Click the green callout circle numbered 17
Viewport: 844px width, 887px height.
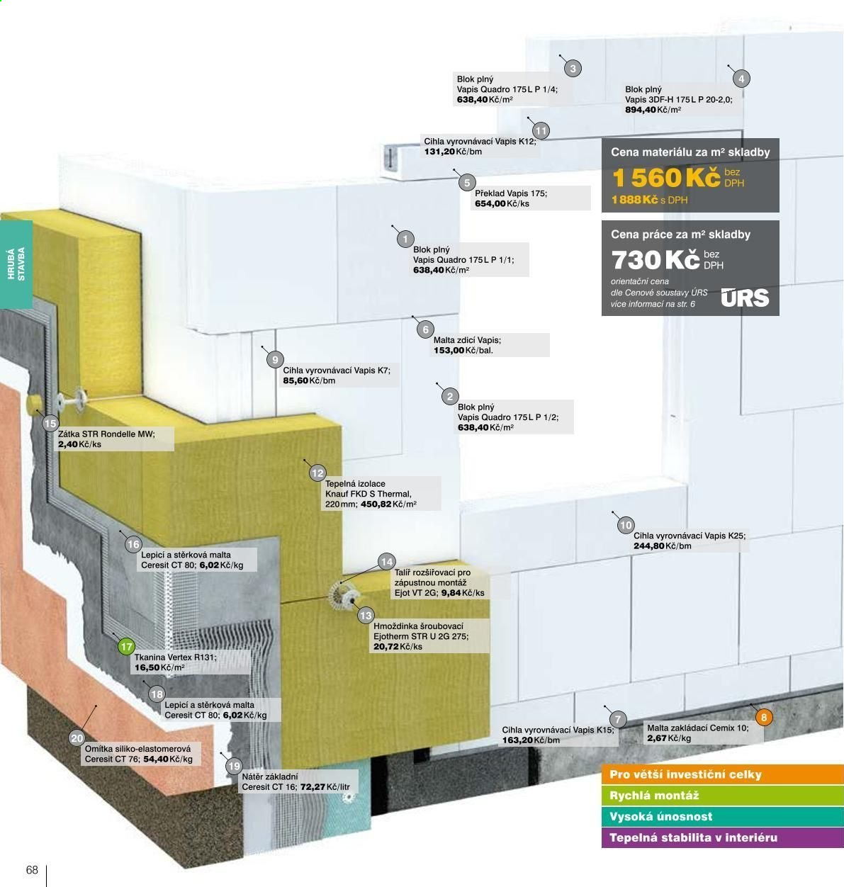(x=127, y=647)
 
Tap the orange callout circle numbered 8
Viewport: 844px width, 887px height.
(x=764, y=717)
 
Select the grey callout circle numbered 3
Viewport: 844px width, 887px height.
(x=573, y=69)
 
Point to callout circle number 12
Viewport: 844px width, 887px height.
(x=317, y=473)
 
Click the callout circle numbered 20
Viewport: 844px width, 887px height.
(x=77, y=738)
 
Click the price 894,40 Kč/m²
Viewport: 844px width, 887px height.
(x=653, y=110)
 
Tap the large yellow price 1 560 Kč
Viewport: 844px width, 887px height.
(x=666, y=177)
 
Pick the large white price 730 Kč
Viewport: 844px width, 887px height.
(x=655, y=260)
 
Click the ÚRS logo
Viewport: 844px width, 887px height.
(x=745, y=298)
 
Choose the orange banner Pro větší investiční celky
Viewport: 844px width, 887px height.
(x=723, y=774)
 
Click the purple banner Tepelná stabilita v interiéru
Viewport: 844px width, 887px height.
(x=723, y=837)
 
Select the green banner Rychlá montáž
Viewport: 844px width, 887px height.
(x=723, y=796)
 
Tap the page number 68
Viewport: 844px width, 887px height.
(x=32, y=869)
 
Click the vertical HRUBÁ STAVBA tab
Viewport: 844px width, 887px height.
(x=16, y=264)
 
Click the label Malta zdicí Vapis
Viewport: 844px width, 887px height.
(x=467, y=340)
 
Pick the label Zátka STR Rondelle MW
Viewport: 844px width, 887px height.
(x=106, y=434)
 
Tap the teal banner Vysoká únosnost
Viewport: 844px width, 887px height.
(x=723, y=816)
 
